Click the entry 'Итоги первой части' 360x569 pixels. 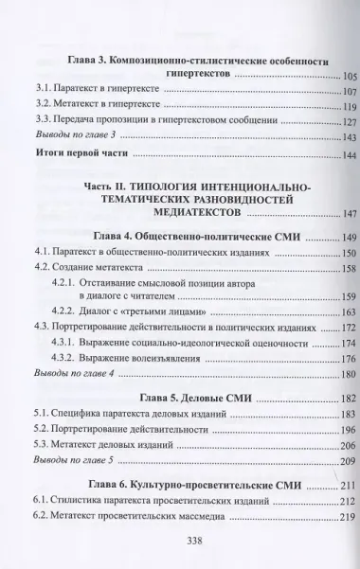(x=79, y=156)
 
